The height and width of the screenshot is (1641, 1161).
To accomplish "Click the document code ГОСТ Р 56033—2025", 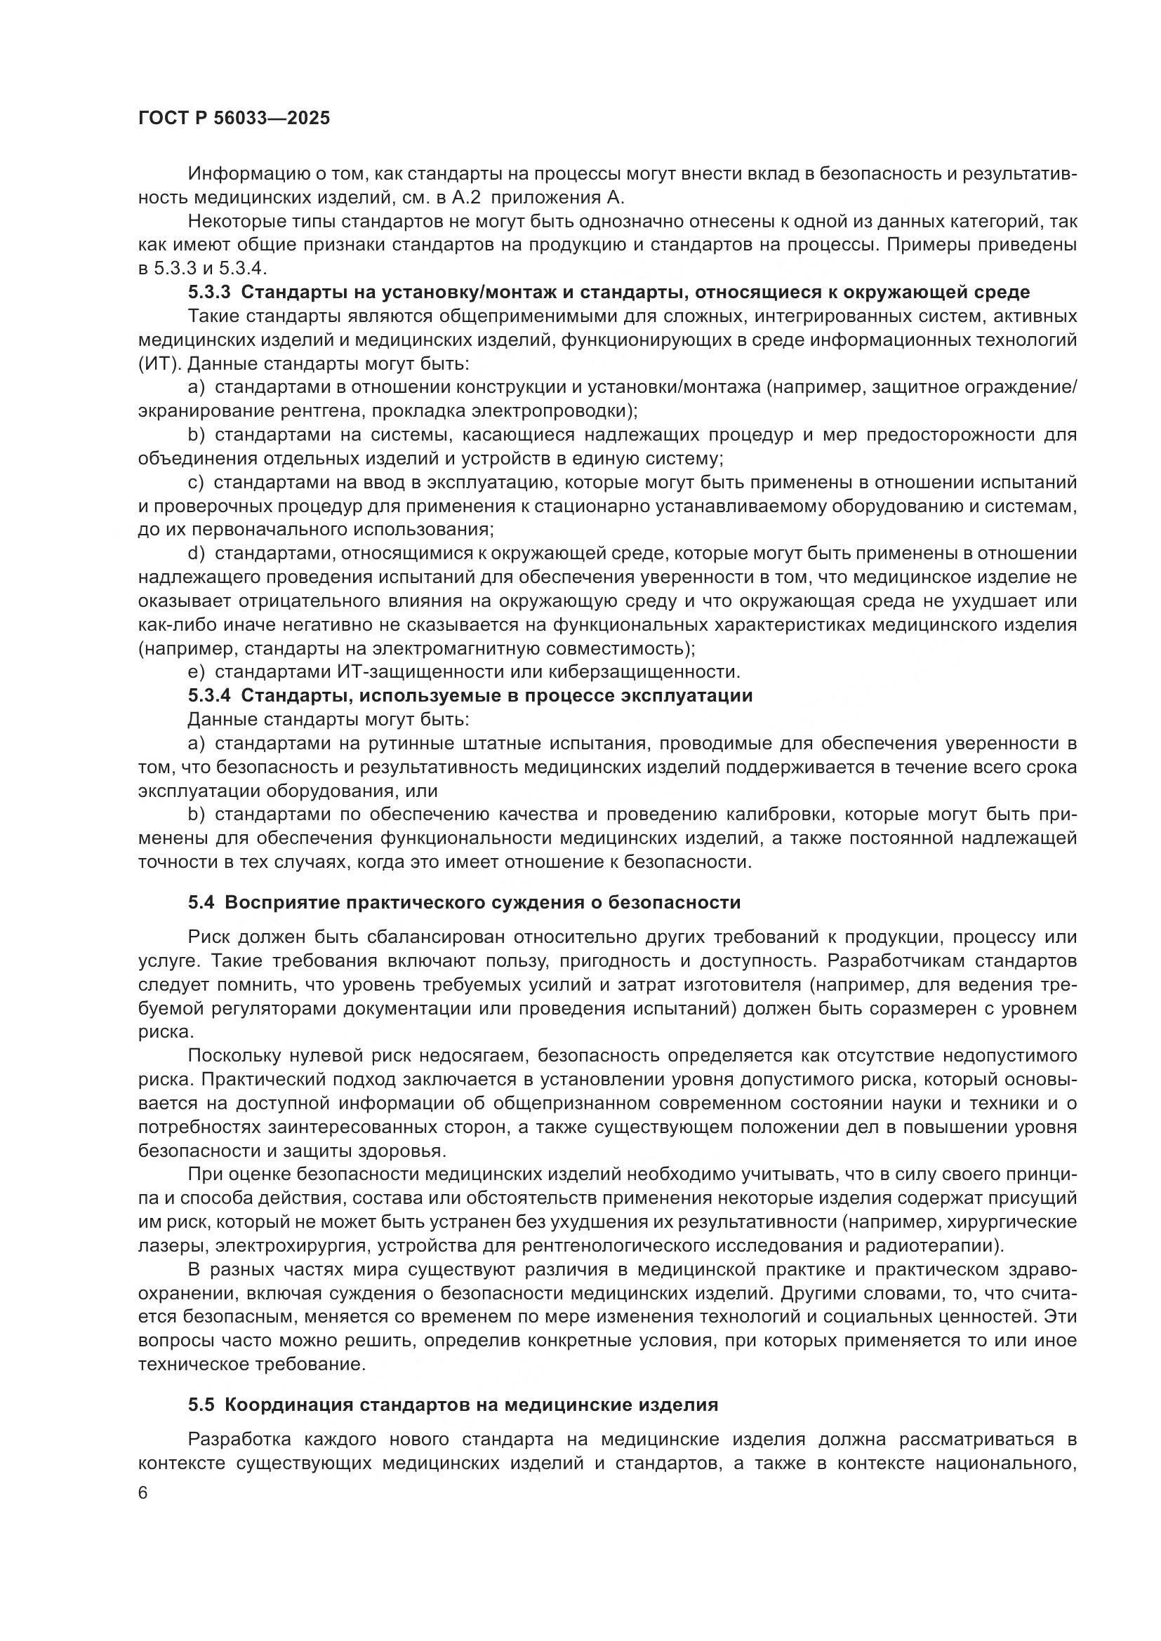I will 234,119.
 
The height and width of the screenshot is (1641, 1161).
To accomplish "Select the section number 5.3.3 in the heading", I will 209,293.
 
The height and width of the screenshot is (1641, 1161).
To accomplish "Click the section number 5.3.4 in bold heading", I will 209,696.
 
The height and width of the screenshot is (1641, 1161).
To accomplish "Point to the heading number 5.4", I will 201,903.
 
